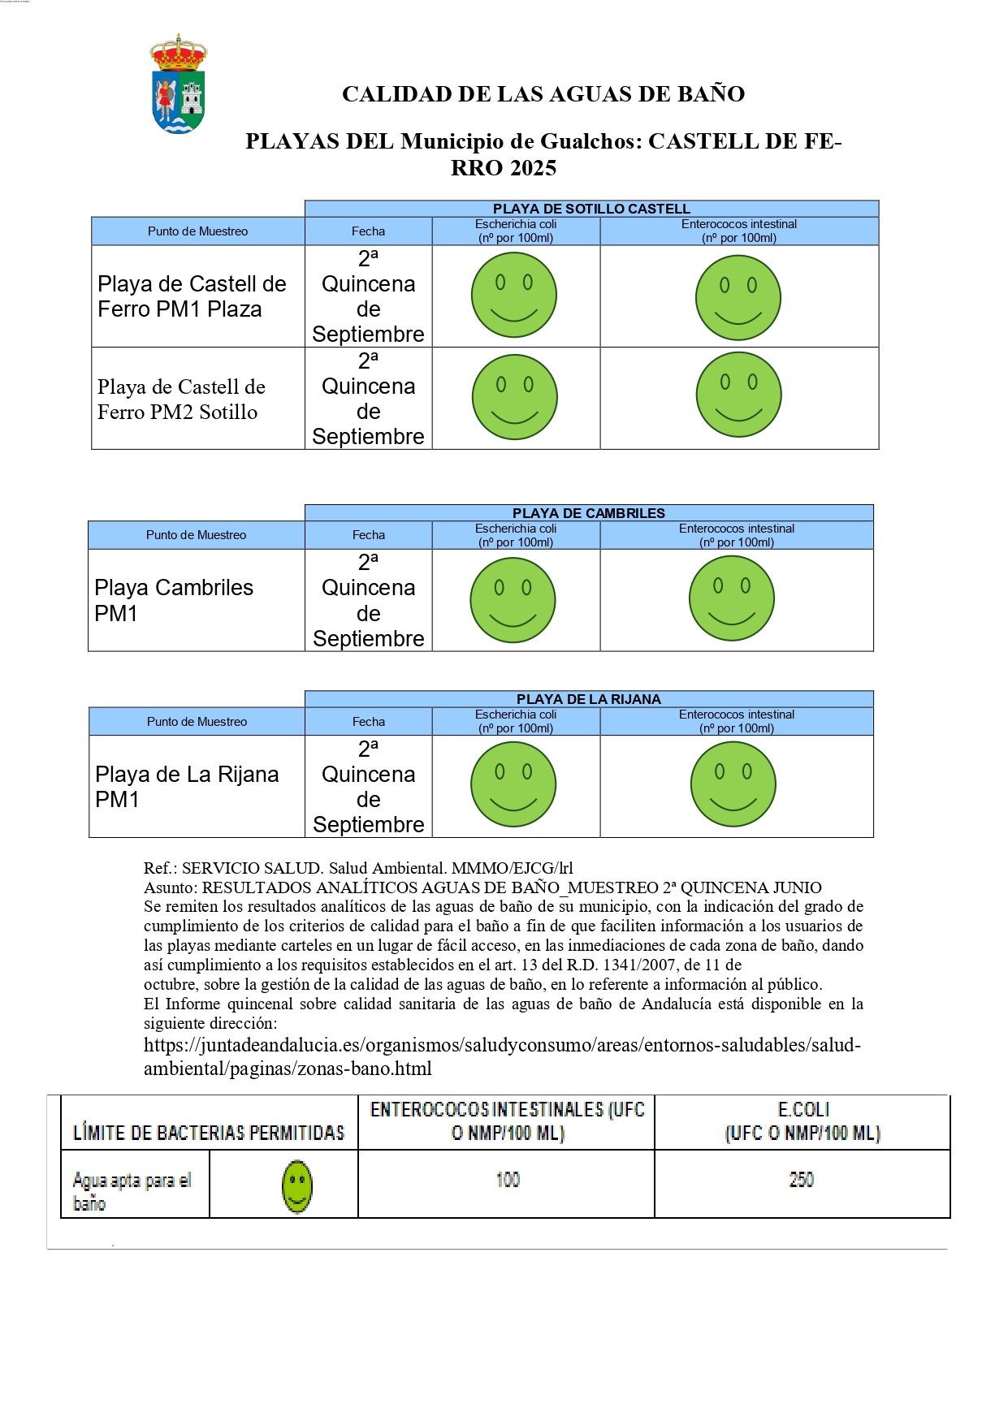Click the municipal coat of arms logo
pos(179,84)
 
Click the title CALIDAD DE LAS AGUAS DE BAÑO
pos(543,94)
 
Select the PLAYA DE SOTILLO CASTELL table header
pos(591,209)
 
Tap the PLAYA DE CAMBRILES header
pos(588,513)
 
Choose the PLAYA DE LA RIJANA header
pos(588,699)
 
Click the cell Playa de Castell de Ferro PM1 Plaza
pos(192,296)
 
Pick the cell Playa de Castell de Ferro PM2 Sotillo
pos(181,399)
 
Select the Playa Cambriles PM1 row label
pos(174,600)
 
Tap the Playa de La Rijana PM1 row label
pos(187,787)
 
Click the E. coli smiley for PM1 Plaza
pos(514,295)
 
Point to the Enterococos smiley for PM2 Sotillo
pos(738,395)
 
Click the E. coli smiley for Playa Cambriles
pos(513,600)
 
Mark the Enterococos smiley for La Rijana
pos(733,784)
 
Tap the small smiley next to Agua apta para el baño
pos(297,1186)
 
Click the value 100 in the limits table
pos(508,1180)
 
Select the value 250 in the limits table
pos(801,1180)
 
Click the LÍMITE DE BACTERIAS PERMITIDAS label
pos(209,1132)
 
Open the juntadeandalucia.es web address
pos(502,1056)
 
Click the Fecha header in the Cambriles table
pos(368,535)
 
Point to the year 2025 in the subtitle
pos(529,168)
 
